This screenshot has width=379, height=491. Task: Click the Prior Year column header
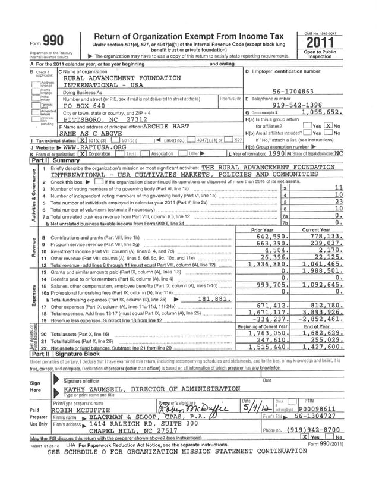click(x=263, y=230)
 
